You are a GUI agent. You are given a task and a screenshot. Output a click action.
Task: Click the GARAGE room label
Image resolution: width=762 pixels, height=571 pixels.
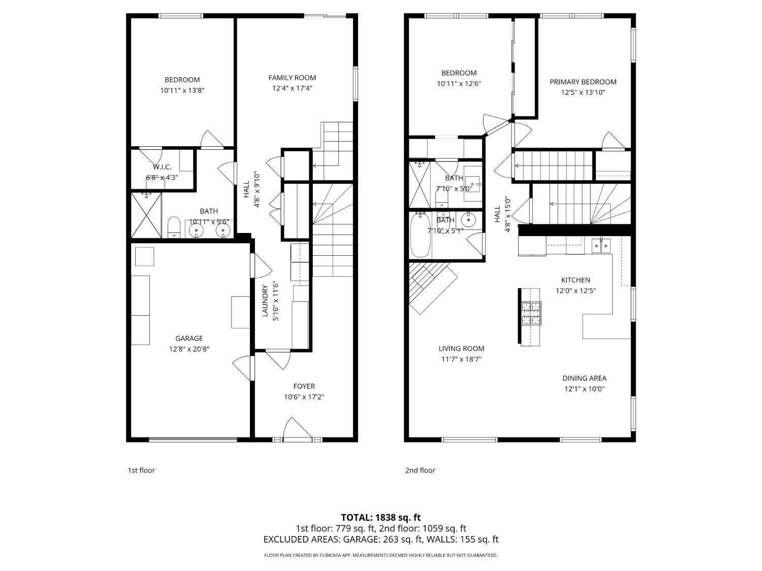tap(189, 339)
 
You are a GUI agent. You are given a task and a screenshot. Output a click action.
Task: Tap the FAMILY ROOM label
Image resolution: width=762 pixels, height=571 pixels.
tap(292, 78)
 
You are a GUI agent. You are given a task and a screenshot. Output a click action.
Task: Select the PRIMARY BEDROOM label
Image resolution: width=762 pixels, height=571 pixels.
tap(583, 82)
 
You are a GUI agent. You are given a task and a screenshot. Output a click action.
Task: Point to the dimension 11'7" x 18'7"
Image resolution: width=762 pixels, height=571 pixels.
tap(461, 359)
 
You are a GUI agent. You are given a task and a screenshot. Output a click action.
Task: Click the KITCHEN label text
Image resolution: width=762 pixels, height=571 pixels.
tap(576, 280)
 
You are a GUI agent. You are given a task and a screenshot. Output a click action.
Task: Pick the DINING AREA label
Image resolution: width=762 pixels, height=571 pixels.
tap(584, 378)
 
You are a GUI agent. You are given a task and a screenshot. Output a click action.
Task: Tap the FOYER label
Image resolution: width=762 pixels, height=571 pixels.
tap(304, 386)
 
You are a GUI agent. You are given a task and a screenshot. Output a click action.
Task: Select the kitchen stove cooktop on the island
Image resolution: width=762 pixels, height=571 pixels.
tap(531, 313)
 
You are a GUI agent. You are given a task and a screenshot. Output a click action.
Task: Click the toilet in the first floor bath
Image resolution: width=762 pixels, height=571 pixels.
tap(174, 227)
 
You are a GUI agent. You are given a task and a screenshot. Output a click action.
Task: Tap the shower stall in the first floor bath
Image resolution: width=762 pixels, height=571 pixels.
tap(147, 215)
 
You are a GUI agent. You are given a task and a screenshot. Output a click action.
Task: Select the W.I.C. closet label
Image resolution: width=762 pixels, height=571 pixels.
tap(162, 167)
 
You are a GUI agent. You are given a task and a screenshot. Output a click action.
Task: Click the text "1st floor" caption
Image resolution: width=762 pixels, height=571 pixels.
tap(141, 470)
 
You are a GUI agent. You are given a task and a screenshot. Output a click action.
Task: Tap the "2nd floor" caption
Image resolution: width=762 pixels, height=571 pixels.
tap(420, 470)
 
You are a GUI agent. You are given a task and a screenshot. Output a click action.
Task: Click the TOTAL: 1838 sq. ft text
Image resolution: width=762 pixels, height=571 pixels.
tap(380, 518)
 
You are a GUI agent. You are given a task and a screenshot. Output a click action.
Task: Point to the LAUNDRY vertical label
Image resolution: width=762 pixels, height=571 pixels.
tap(265, 301)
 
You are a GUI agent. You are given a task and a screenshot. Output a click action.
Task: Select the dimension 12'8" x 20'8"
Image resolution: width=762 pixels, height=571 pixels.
tap(189, 349)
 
